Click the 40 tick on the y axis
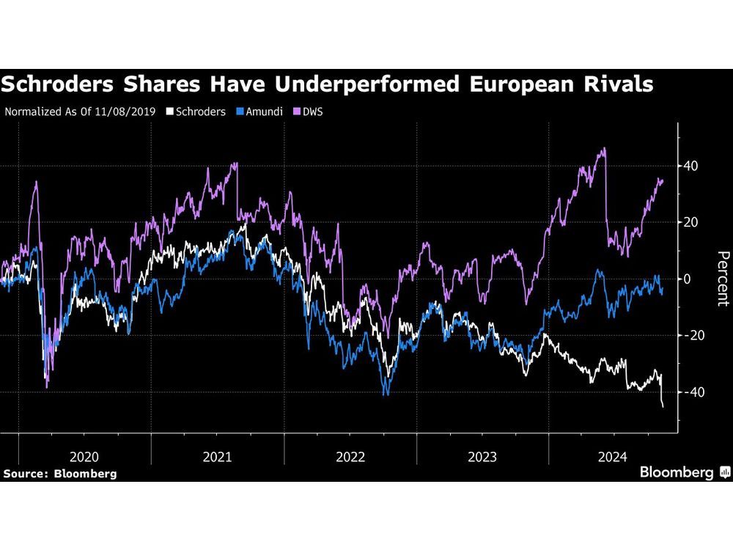[x=690, y=166]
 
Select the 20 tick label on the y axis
[x=690, y=222]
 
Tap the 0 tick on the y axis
[x=688, y=279]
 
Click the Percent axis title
[x=723, y=279]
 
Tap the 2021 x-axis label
[x=218, y=456]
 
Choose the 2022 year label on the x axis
[x=351, y=456]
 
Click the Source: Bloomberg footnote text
[x=59, y=474]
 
